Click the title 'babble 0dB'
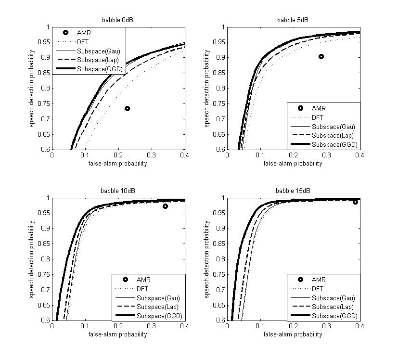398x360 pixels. pyautogui.click(x=117, y=20)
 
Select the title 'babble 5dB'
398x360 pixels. pyautogui.click(x=293, y=20)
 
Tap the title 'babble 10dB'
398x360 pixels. pyautogui.click(x=117, y=191)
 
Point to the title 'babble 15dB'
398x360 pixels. pyautogui.click(x=293, y=191)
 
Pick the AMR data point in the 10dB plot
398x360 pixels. pyautogui.click(x=165, y=206)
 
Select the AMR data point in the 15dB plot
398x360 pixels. pyautogui.click(x=355, y=202)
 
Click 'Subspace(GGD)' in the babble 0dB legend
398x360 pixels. pyautogui.click(x=100, y=69)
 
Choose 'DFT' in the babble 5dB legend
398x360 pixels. pyautogui.click(x=318, y=117)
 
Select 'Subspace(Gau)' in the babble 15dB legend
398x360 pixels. pyautogui.click(x=334, y=298)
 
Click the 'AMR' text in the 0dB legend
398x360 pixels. pyautogui.click(x=84, y=33)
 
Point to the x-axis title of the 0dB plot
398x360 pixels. pyautogui.click(x=117, y=164)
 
